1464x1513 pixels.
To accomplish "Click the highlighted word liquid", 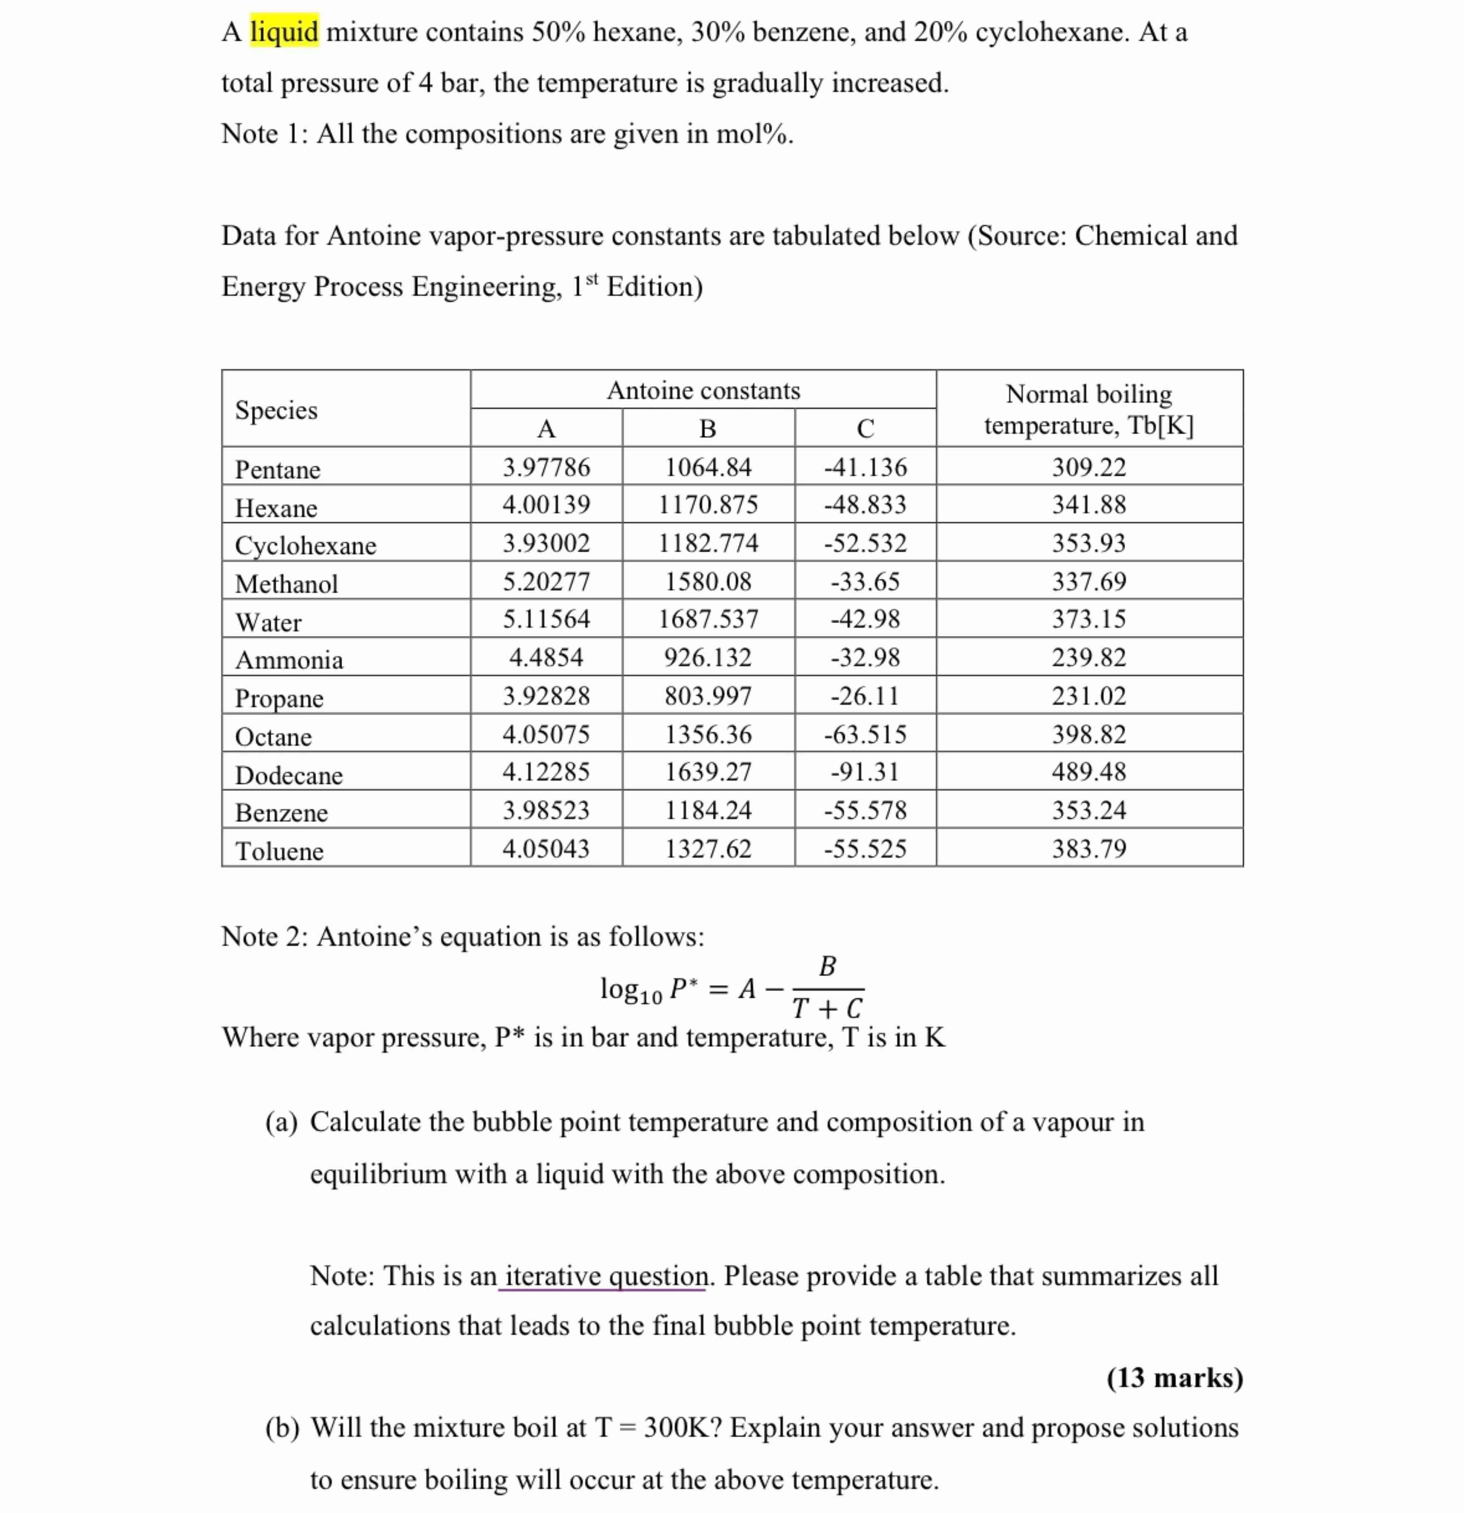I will [x=284, y=32].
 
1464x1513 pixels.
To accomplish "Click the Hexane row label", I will [x=275, y=507].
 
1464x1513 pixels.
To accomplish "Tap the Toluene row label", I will [x=279, y=850].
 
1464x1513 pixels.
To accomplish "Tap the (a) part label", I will [x=281, y=1121].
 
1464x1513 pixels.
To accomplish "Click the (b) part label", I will [x=281, y=1427].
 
